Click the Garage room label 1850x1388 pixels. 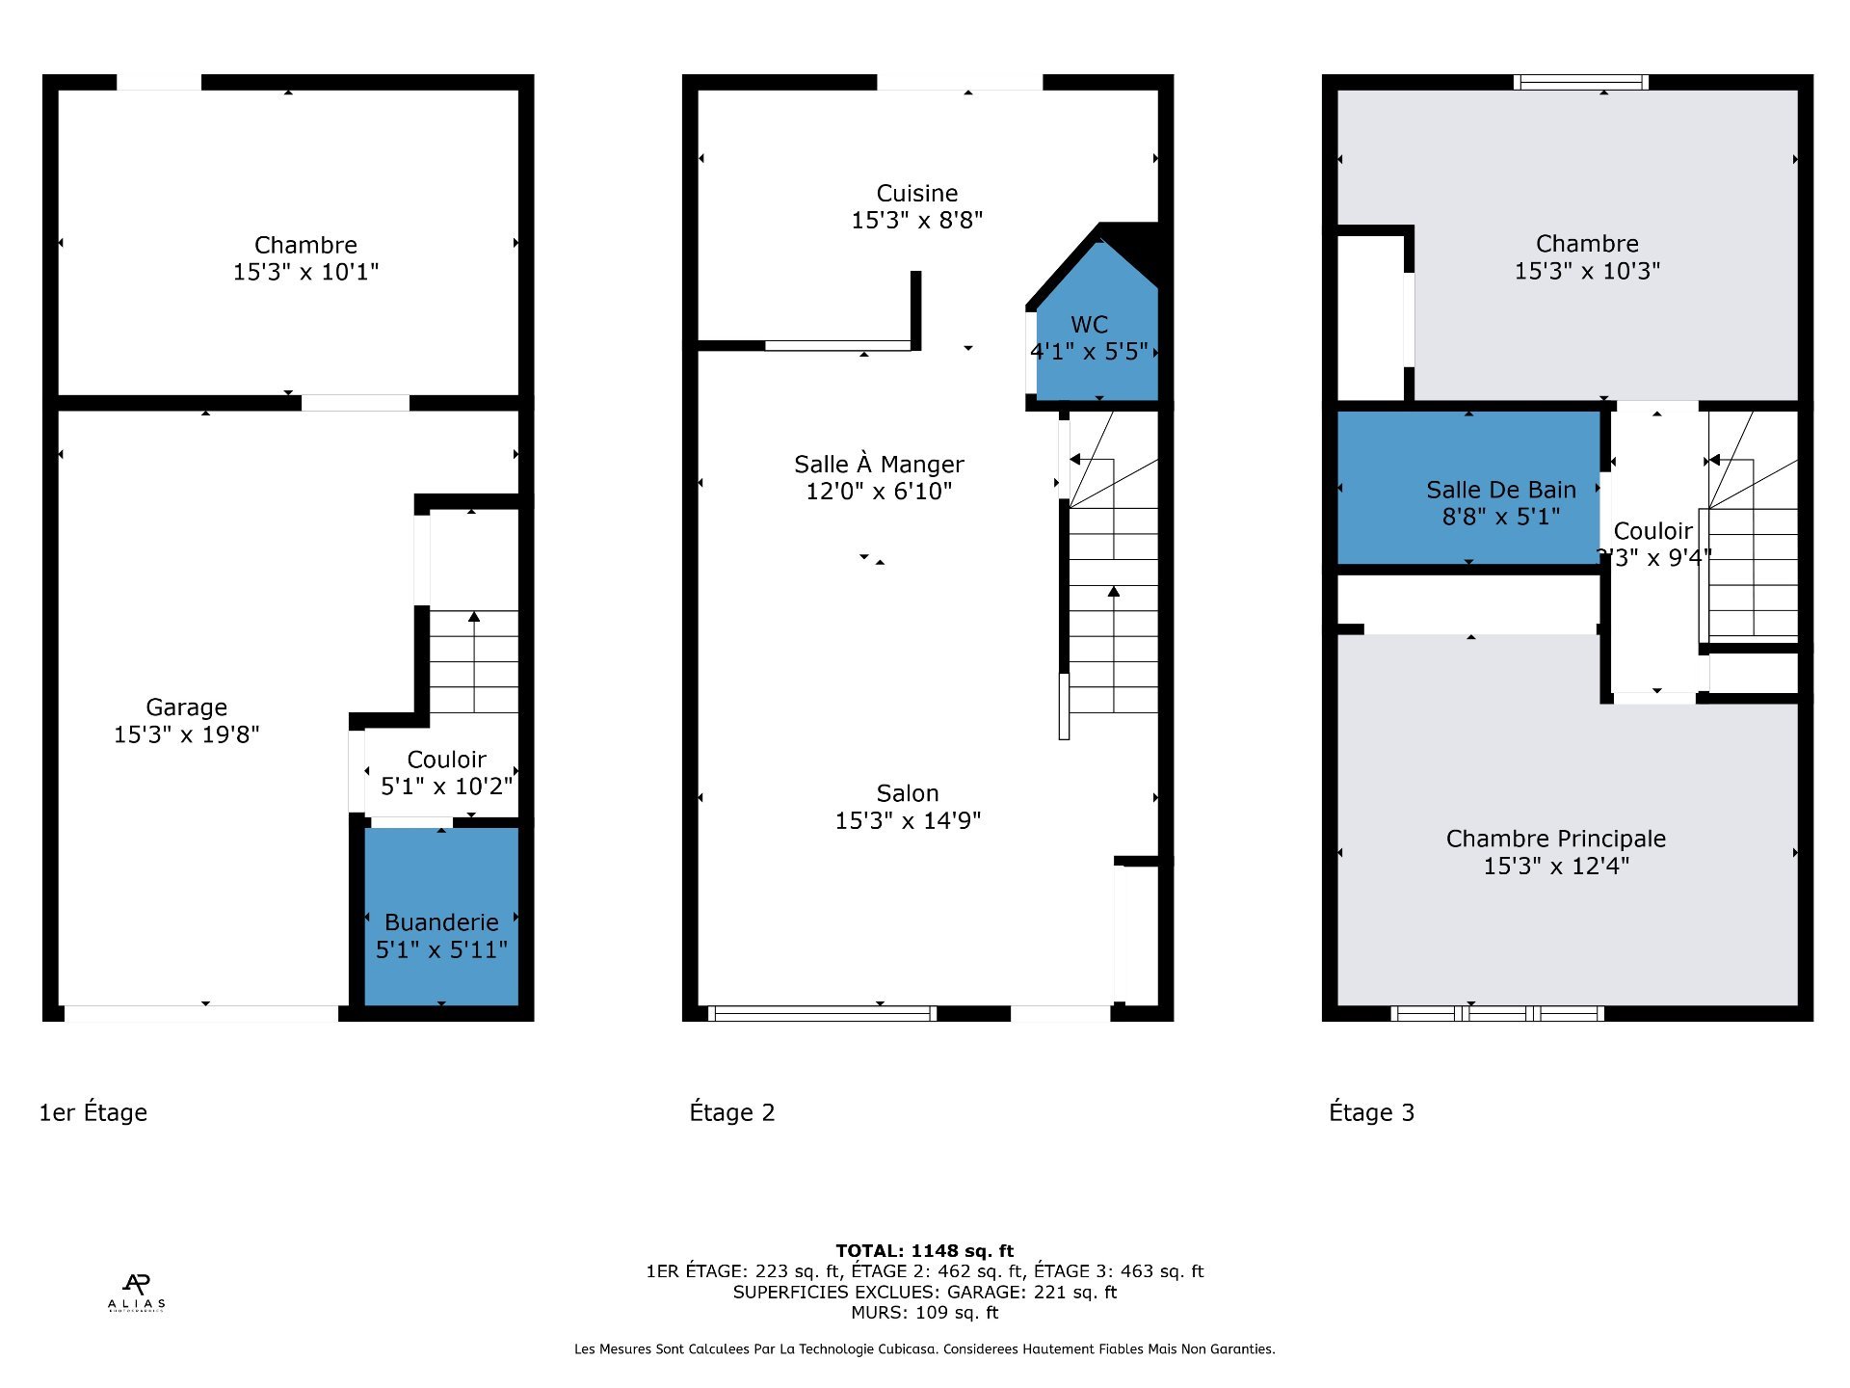[x=186, y=707]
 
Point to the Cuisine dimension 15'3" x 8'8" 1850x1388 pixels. [x=916, y=221]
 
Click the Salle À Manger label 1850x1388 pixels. [x=878, y=465]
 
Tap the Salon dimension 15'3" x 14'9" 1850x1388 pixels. [x=907, y=820]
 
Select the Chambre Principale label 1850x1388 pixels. [x=1555, y=839]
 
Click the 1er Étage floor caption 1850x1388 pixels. [x=93, y=1112]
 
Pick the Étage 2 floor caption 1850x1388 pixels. [x=731, y=1112]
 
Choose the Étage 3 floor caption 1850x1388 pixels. [x=1371, y=1112]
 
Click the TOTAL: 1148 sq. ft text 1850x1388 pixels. [x=924, y=1250]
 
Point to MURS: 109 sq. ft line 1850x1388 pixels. [x=924, y=1313]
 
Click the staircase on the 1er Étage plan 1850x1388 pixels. [x=473, y=661]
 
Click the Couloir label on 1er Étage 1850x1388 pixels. [x=446, y=760]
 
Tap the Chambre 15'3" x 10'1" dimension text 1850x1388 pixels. [x=305, y=273]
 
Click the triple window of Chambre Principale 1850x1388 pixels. [x=1496, y=1013]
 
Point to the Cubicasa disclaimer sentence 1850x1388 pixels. [x=924, y=1349]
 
